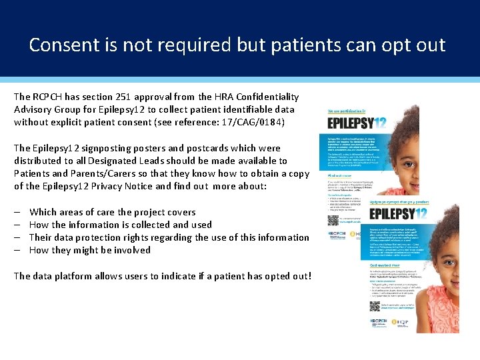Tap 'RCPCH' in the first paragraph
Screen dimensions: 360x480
click(x=51, y=97)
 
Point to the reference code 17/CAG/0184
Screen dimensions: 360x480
click(x=253, y=122)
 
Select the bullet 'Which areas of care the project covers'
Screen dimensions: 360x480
click(x=112, y=212)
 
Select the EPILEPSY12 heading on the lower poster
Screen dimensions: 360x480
click(x=398, y=214)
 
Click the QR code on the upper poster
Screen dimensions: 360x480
click(x=333, y=219)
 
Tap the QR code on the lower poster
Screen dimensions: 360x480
click(x=375, y=306)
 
